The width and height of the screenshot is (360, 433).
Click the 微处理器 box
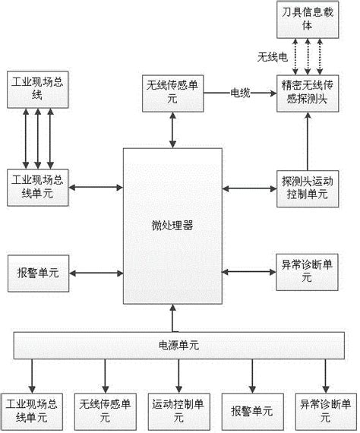[x=174, y=225]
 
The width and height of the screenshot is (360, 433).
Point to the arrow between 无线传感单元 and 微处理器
[x=174, y=129]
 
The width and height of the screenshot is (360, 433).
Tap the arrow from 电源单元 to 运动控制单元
[x=178, y=375]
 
